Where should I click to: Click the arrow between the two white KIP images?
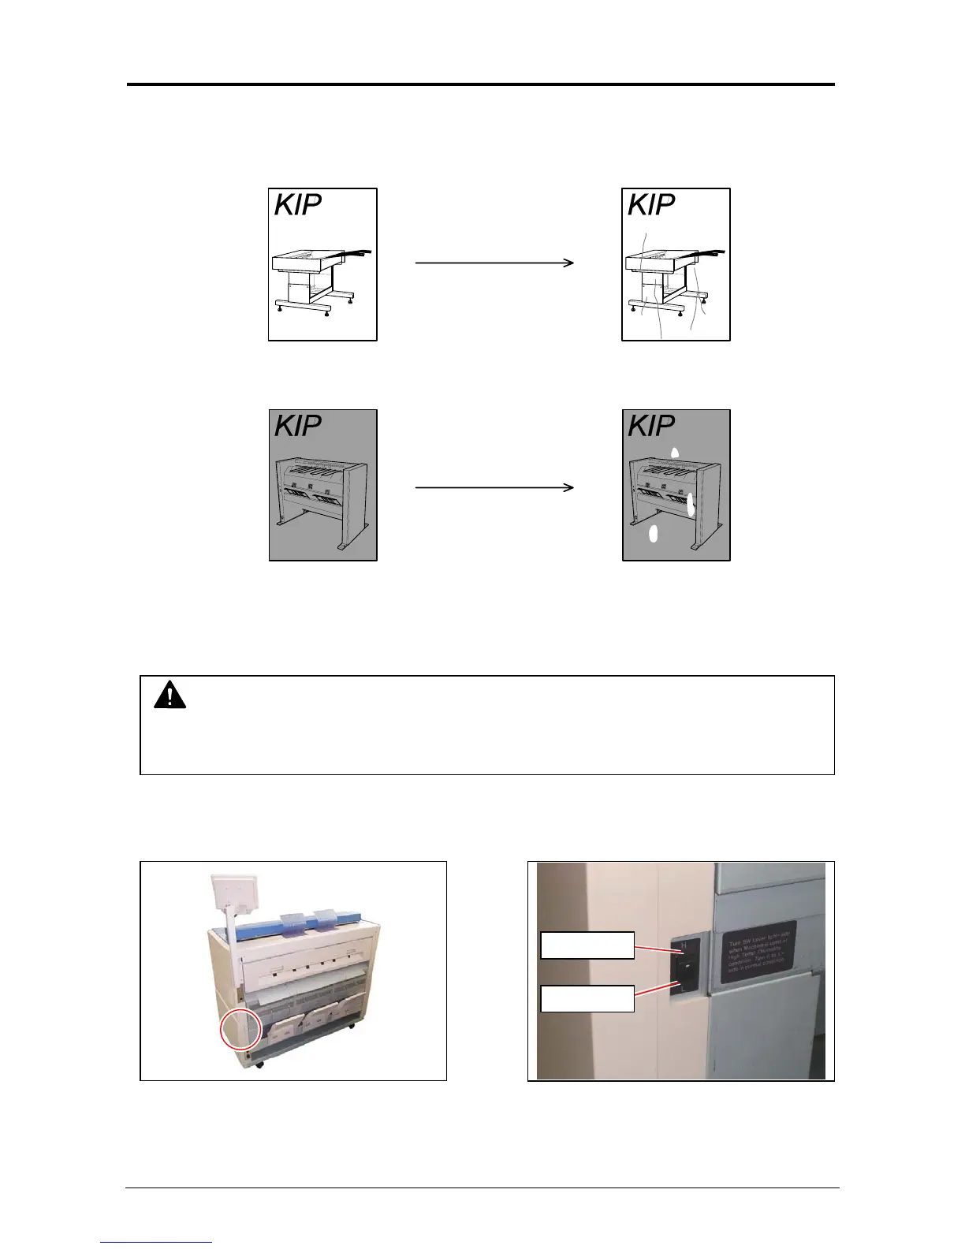[494, 263]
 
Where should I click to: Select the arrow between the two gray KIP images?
[494, 488]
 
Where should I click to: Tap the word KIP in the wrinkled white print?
[651, 206]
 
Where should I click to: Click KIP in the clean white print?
[297, 206]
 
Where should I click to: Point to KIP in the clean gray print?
[297, 427]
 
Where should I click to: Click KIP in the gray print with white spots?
[651, 427]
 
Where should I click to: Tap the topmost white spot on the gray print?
[674, 453]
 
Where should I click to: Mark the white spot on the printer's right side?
[691, 503]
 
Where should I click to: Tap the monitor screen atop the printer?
[230, 890]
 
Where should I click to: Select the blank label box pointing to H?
[587, 945]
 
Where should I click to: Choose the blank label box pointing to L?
[587, 997]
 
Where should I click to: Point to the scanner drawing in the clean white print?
[322, 280]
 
